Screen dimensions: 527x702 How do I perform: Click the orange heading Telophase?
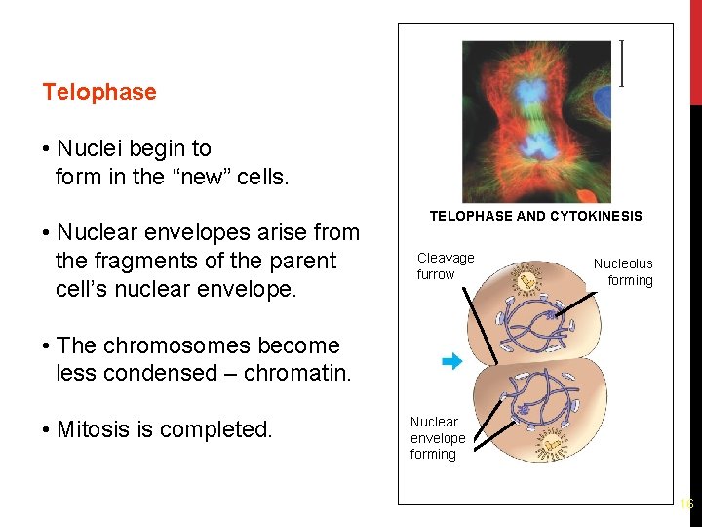point(98,92)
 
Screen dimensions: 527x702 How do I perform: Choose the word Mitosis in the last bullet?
point(94,429)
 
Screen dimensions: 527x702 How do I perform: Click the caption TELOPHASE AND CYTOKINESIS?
point(536,216)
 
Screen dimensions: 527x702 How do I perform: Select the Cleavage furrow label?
point(445,265)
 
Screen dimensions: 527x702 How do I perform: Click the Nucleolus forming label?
point(624,271)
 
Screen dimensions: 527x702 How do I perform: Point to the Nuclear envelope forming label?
point(437,437)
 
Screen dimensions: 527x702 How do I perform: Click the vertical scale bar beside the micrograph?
point(622,64)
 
